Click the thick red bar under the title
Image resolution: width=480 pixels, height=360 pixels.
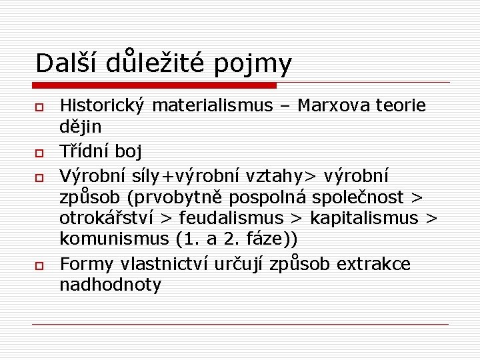pos(155,85)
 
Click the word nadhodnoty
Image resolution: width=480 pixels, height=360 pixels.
pos(111,285)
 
